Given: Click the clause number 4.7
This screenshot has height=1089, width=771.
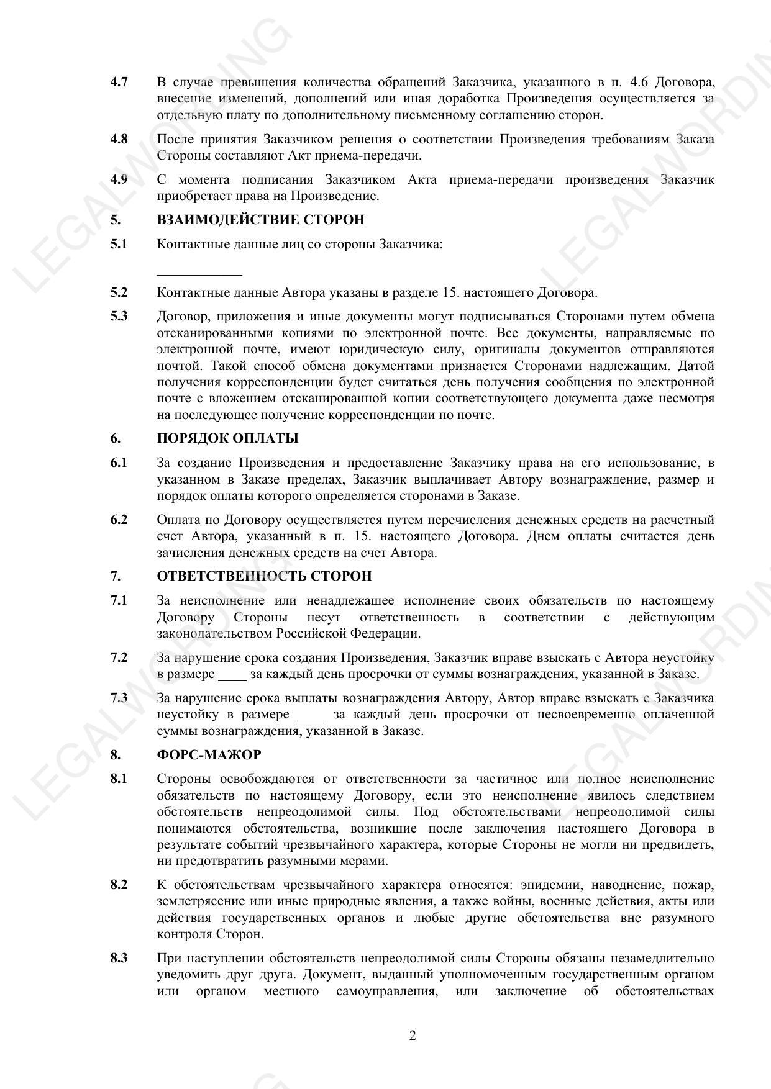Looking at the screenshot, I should coord(119,82).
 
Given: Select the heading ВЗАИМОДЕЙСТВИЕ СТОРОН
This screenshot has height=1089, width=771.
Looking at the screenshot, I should coord(260,220).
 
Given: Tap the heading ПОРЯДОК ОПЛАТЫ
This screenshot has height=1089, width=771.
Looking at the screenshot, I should coord(227,438).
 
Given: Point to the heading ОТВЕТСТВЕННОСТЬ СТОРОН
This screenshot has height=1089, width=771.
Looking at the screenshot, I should coord(264,576).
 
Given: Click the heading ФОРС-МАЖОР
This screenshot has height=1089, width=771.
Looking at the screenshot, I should coord(209,755).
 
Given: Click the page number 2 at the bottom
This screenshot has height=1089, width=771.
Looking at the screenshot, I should coord(413,1036).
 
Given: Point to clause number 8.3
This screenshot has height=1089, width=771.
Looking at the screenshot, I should coord(119,958).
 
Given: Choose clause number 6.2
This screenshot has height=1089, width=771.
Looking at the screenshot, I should coord(119,520).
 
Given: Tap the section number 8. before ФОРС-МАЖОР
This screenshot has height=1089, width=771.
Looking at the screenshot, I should coord(116,755).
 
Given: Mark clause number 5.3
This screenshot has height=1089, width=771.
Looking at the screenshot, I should coord(119,316).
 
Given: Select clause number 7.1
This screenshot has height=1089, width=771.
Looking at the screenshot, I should coord(119,600).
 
